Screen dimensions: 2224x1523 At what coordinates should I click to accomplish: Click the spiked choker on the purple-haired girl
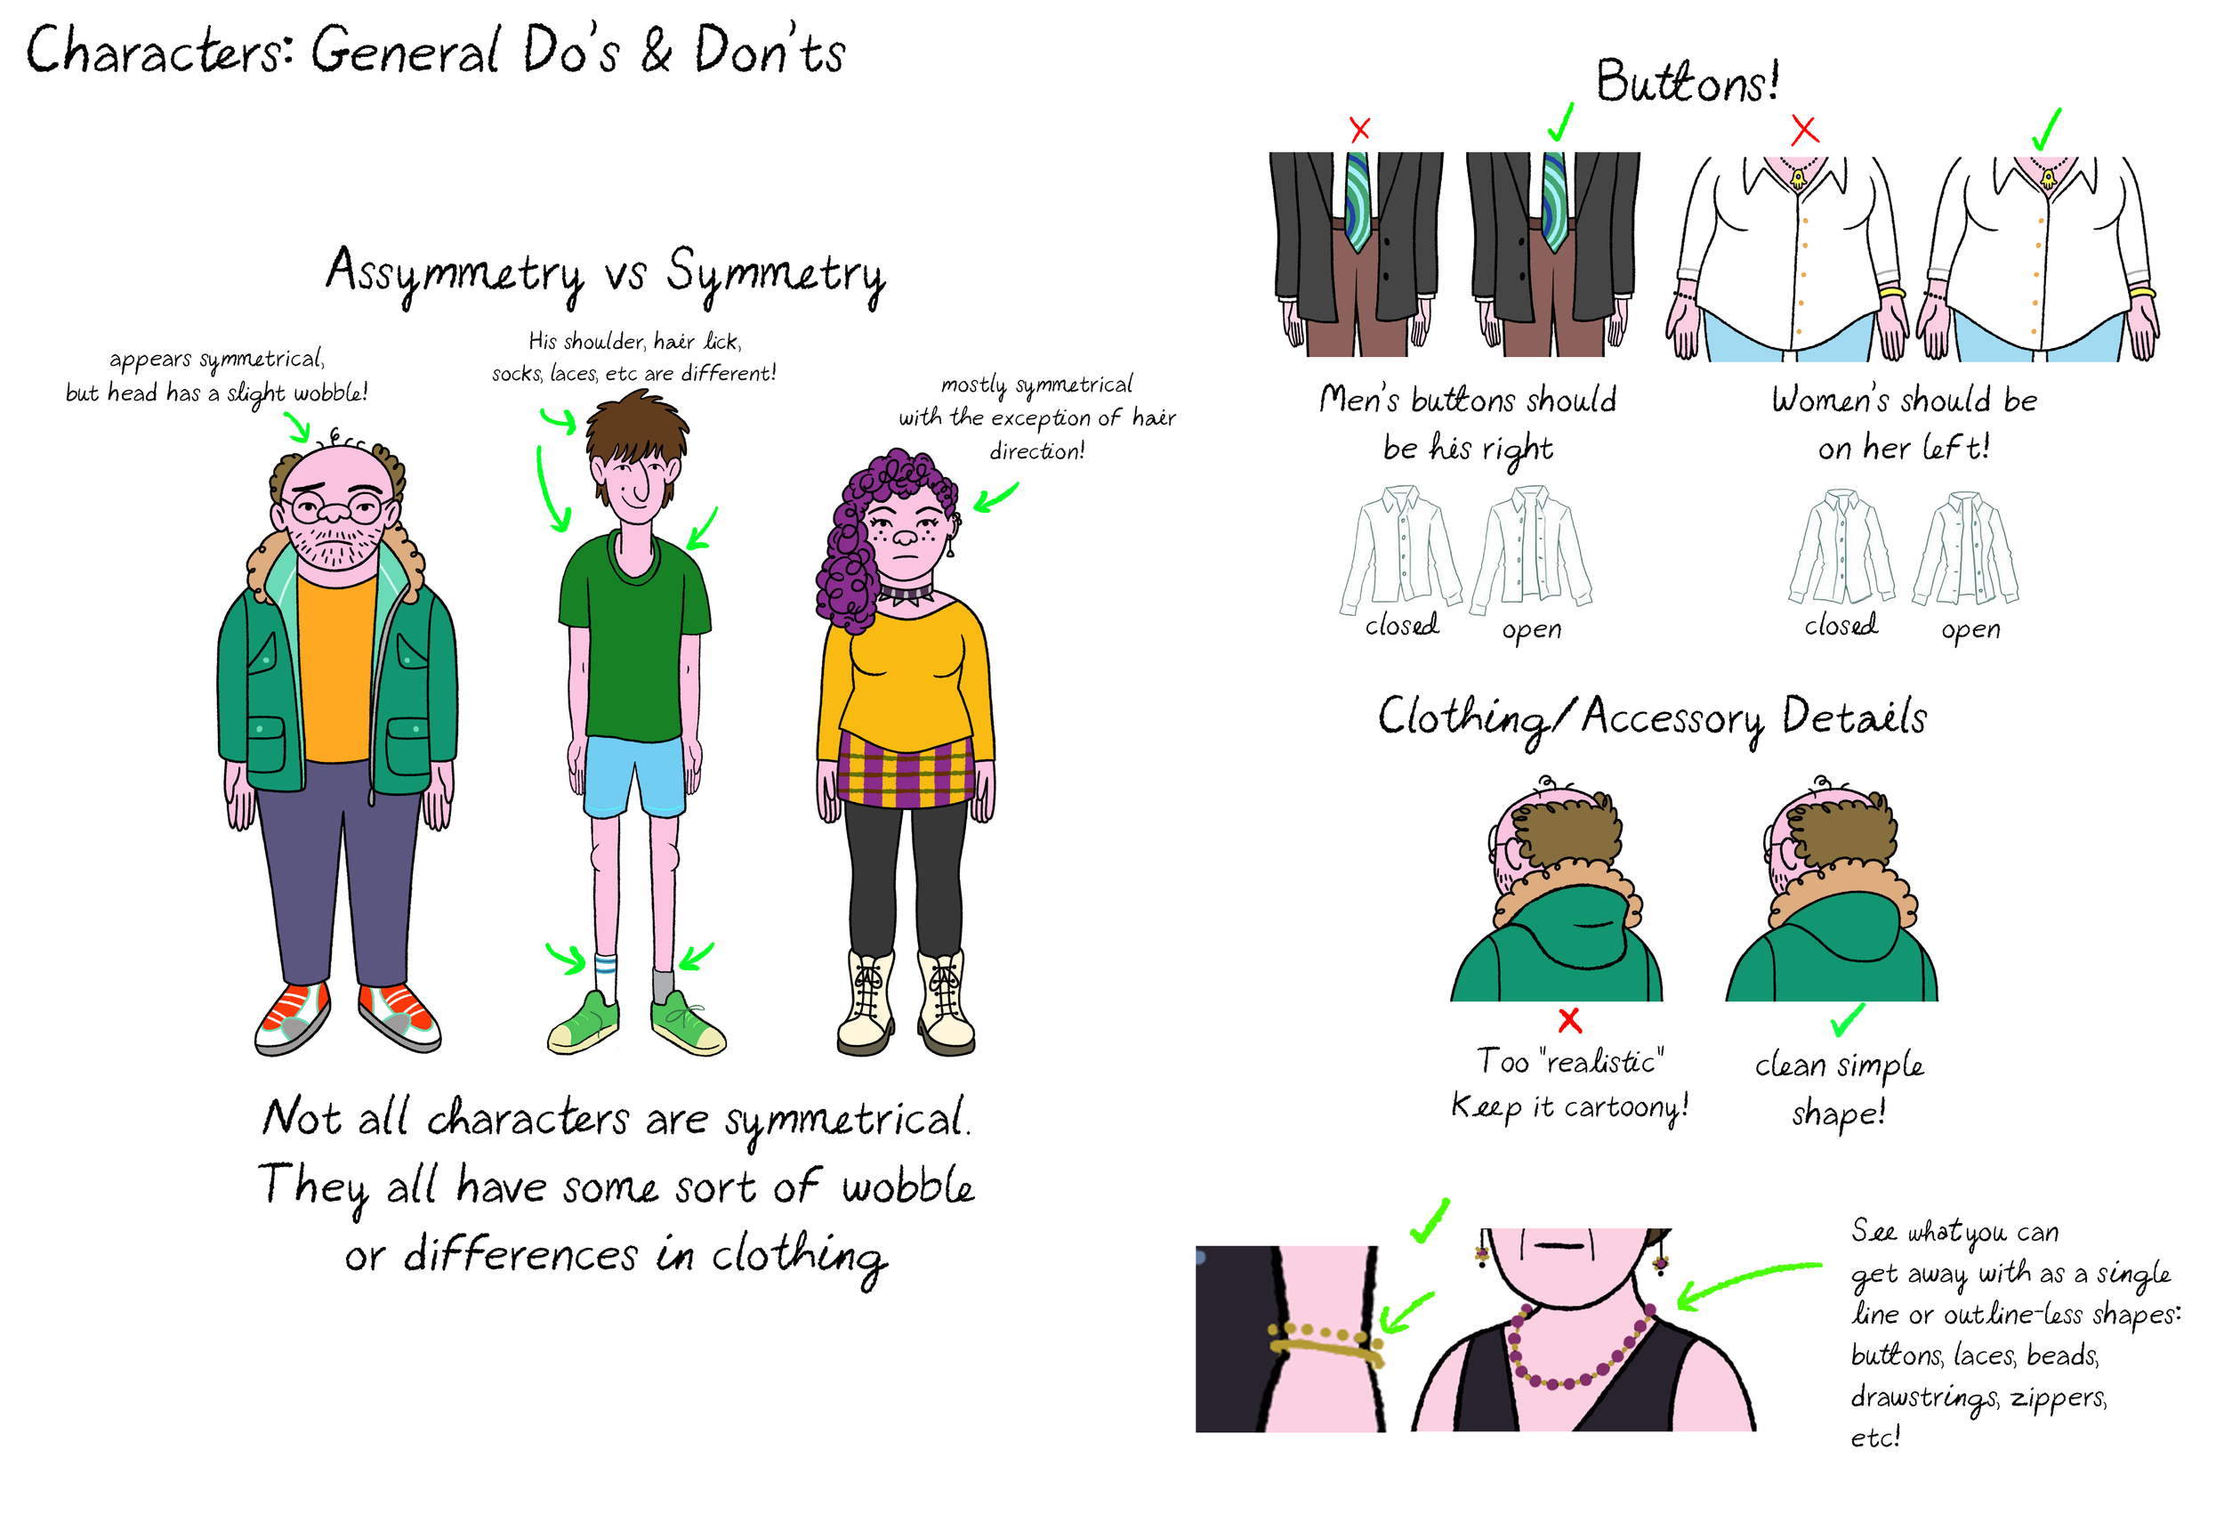[x=905, y=595]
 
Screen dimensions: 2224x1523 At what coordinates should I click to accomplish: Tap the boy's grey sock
[x=663, y=982]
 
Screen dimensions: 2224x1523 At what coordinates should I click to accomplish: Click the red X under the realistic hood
[x=1569, y=1020]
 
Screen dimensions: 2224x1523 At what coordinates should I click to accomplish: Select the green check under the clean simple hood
[x=1846, y=1020]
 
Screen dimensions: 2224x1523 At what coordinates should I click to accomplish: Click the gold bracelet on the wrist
[x=1326, y=1342]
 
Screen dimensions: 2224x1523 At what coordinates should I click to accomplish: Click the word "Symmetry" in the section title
[x=775, y=275]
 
